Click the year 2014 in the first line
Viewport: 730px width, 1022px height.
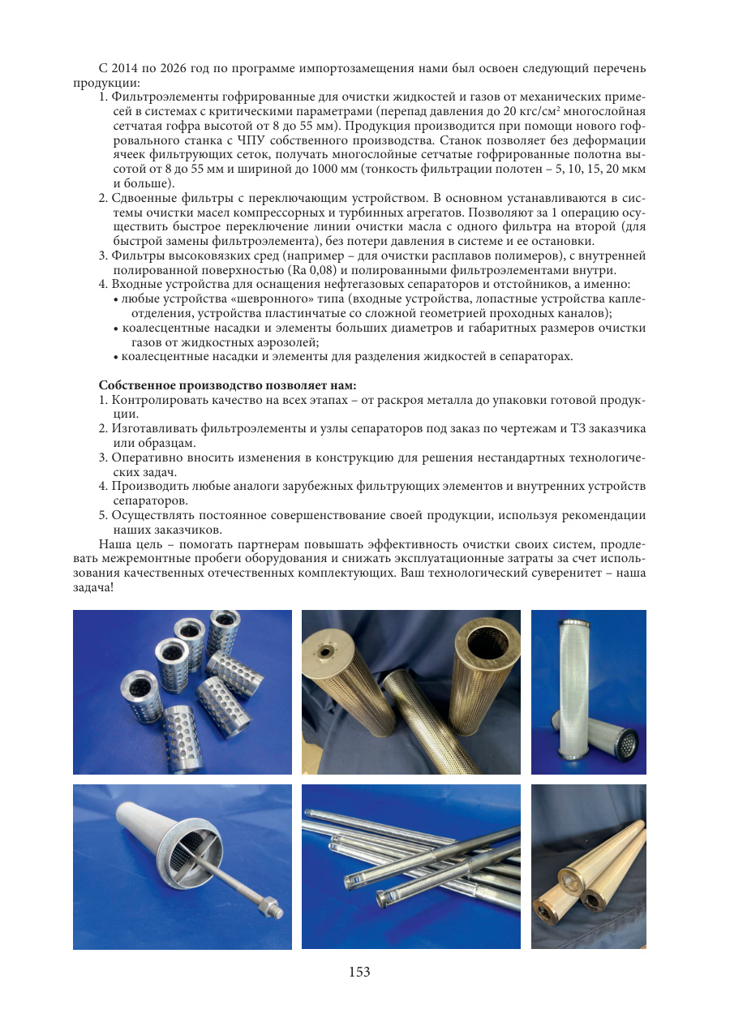(x=124, y=68)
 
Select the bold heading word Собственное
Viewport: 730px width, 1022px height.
(x=137, y=385)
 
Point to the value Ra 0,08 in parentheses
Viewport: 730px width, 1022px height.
(x=311, y=270)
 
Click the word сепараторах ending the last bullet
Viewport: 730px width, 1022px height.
(x=536, y=357)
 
